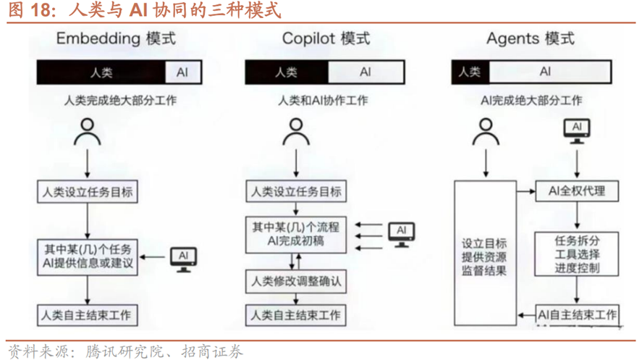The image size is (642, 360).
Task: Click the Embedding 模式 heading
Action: point(116,38)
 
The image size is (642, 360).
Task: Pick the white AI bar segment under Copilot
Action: point(365,72)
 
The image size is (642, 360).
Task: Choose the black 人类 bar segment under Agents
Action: point(470,72)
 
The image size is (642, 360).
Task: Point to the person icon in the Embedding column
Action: point(88,133)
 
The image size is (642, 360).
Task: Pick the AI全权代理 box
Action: point(576,191)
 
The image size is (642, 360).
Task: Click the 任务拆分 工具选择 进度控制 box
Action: point(577,254)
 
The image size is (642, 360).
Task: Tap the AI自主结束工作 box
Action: point(577,315)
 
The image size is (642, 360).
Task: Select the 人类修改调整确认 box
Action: point(295,280)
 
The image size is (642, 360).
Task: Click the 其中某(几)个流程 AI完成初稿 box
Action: point(295,234)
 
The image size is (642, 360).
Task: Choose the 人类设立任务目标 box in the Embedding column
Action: point(87,192)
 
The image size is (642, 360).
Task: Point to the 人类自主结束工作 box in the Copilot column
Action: point(295,315)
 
